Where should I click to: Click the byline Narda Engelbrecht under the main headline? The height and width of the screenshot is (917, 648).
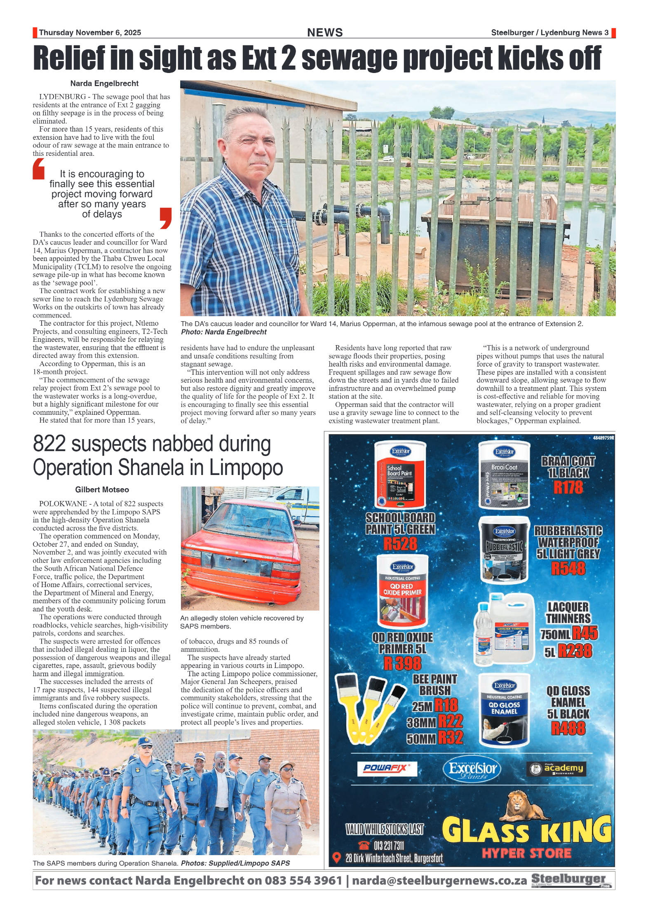[x=104, y=83]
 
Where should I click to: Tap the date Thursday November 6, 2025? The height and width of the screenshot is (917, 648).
[x=90, y=33]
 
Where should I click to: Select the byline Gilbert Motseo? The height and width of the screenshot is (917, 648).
[x=102, y=489]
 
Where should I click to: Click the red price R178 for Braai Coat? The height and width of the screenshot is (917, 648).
[x=568, y=487]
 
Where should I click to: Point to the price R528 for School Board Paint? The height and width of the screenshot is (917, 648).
[x=400, y=544]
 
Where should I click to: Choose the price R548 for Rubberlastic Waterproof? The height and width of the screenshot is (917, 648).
[x=568, y=569]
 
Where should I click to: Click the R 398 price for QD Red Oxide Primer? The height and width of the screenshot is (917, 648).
[x=402, y=663]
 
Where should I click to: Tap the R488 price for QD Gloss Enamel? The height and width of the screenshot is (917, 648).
[x=568, y=729]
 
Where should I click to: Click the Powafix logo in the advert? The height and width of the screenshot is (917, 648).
[x=387, y=768]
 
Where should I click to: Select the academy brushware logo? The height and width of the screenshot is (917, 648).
[x=556, y=769]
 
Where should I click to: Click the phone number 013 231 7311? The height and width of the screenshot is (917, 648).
[x=389, y=846]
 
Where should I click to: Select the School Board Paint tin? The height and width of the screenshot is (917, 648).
[x=400, y=475]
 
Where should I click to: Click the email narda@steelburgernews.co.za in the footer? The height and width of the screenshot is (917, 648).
[x=439, y=880]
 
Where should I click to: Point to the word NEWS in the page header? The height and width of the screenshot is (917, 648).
[x=325, y=33]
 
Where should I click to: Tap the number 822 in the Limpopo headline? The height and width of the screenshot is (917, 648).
[x=49, y=444]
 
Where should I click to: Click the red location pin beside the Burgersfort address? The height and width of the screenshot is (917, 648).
[x=337, y=858]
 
